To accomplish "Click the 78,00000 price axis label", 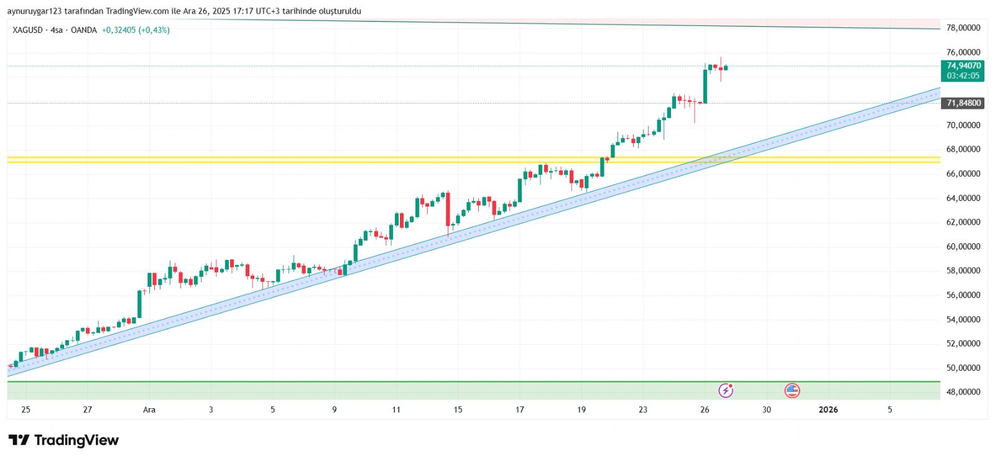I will click(963, 28).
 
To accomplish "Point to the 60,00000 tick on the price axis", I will click(963, 246).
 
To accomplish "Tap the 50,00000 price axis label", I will click(963, 368).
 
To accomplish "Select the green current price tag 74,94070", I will click(963, 65).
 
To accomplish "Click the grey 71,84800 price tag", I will click(963, 103).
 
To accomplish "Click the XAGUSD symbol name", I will click(27, 30).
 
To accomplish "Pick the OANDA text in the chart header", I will click(83, 30).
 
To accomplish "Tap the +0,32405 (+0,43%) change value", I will click(136, 30).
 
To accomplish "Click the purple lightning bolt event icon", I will click(726, 391).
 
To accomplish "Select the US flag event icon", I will click(792, 391).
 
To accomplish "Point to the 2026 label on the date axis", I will click(828, 409).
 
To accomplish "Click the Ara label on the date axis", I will click(149, 409).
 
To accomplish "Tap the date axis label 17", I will click(519, 409).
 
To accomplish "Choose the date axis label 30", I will click(766, 409).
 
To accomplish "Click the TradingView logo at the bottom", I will click(63, 440).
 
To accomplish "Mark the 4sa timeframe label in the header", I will click(57, 30).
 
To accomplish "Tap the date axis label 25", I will click(25, 409).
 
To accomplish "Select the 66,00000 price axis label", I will click(963, 174).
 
